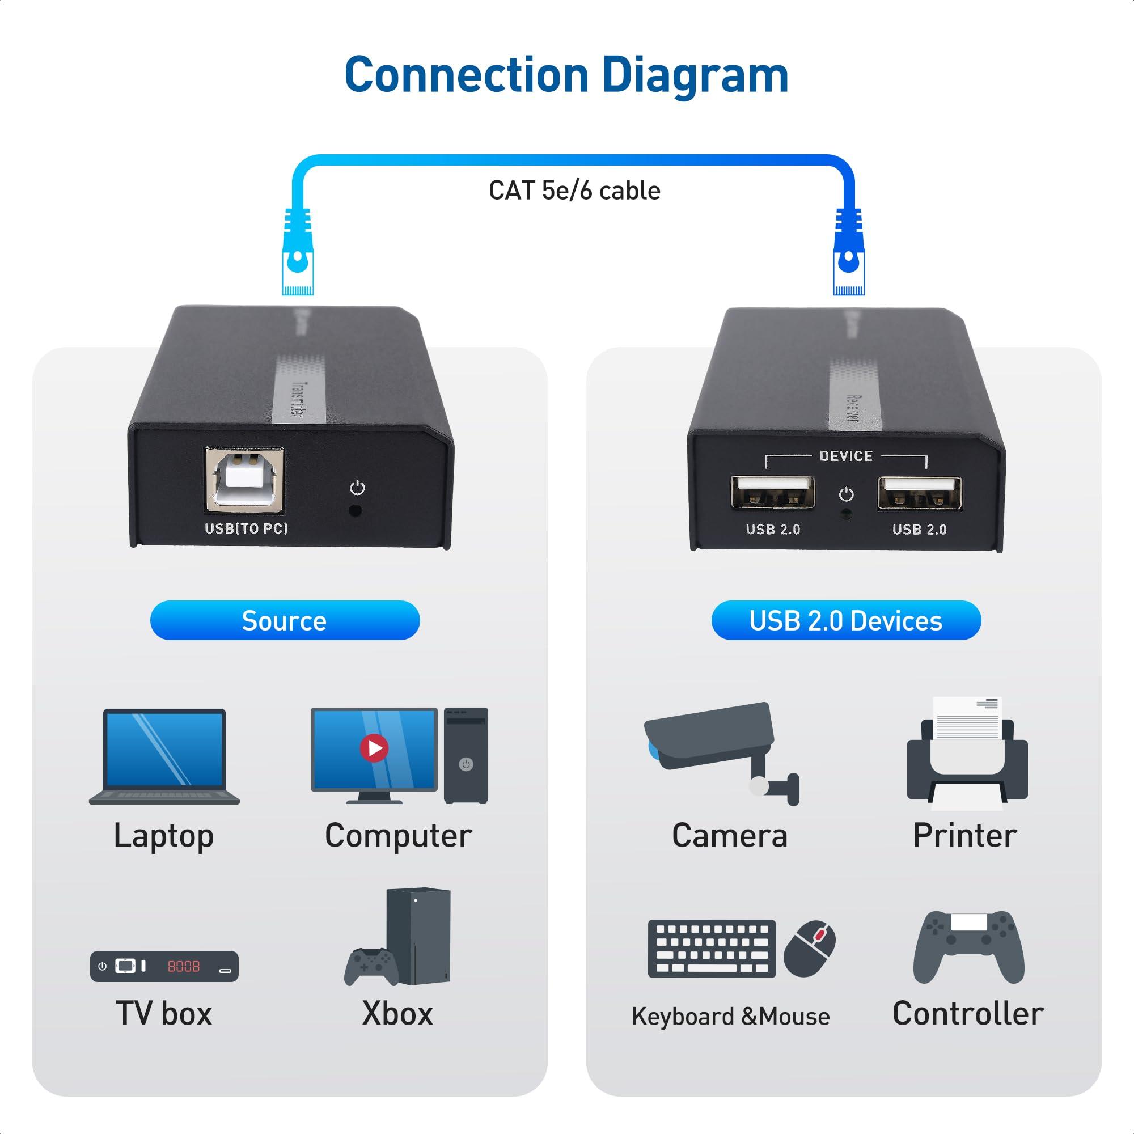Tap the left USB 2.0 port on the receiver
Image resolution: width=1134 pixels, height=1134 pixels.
[x=772, y=493]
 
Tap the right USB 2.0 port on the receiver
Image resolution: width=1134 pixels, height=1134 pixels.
[x=919, y=493]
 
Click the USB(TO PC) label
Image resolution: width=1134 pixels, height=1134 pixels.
[x=246, y=528]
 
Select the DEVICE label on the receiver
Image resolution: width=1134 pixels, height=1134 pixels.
[x=846, y=456]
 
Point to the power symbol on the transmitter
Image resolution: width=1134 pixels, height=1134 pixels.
[x=357, y=488]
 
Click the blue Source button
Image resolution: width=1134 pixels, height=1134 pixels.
[x=285, y=620]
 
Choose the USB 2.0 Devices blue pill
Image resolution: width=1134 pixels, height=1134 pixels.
[x=846, y=620]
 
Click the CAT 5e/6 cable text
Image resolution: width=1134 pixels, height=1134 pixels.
[x=574, y=191]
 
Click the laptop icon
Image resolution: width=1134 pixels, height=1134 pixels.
[x=164, y=756]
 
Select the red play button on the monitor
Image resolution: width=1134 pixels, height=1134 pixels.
[x=374, y=748]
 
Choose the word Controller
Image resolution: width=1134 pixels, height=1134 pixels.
[x=967, y=1014]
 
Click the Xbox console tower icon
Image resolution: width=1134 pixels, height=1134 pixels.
[x=418, y=937]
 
